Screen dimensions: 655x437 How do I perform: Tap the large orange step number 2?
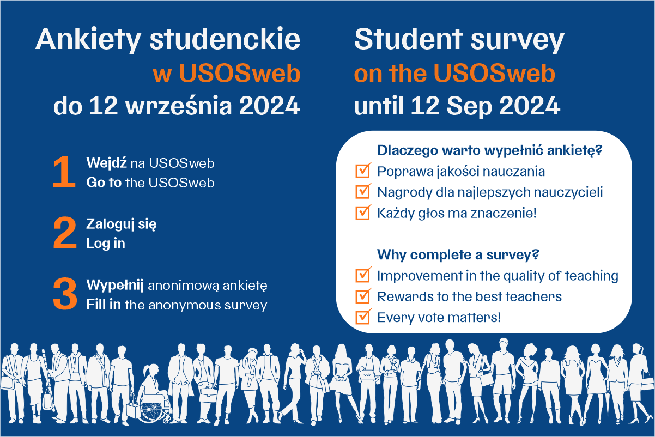(65, 233)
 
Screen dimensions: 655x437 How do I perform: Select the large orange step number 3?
(65, 294)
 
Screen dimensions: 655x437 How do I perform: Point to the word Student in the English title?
(408, 39)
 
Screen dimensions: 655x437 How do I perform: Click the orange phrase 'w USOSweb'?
(227, 73)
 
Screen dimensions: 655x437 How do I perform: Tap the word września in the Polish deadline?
(179, 105)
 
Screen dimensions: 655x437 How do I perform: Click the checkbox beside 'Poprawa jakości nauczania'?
(363, 170)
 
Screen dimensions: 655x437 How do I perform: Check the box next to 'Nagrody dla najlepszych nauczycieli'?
(363, 191)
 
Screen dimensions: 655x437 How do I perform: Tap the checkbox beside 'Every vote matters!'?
(363, 317)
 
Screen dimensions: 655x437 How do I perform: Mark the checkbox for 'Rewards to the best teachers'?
(363, 296)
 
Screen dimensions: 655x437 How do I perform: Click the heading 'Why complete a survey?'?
(458, 255)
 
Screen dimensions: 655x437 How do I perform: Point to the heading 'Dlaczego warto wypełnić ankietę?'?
(489, 151)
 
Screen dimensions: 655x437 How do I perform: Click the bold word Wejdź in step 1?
(106, 163)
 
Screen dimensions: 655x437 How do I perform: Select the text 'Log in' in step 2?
(106, 244)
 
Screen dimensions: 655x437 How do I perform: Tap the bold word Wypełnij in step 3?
(114, 286)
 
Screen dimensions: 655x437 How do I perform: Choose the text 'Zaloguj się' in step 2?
(122, 224)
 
